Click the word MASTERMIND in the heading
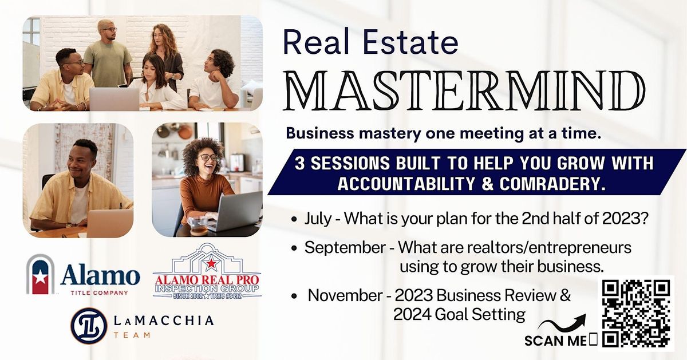pyautogui.click(x=464, y=90)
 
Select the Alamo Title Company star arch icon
pyautogui.click(x=41, y=274)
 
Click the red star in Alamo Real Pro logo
pyautogui.click(x=211, y=263)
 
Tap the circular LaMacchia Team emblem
pyautogui.click(x=89, y=326)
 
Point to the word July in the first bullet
pyautogui.click(x=318, y=219)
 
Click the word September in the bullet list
pyautogui.click(x=345, y=248)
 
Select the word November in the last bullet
pyautogui.click(x=345, y=295)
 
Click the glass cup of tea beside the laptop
pyautogui.click(x=198, y=226)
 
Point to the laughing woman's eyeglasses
pyautogui.click(x=209, y=157)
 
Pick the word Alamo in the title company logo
pyautogui.click(x=100, y=275)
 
